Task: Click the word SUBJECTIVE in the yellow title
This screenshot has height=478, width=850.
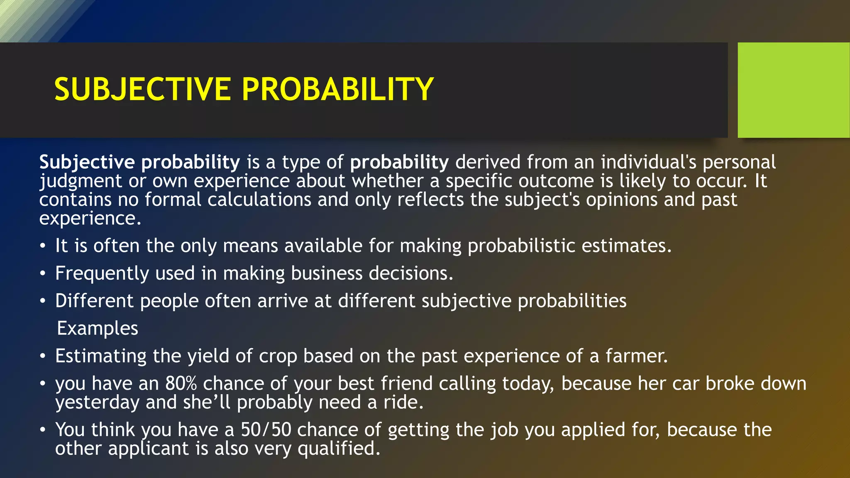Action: tap(142, 90)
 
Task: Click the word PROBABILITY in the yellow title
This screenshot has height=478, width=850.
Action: tap(337, 90)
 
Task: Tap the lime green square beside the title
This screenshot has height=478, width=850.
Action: tap(793, 90)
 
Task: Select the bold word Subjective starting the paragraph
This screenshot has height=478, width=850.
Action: tap(87, 162)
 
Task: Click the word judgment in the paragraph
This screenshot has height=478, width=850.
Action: tap(81, 181)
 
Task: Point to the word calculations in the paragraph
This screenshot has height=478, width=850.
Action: tap(259, 200)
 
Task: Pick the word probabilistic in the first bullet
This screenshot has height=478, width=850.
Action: tap(521, 246)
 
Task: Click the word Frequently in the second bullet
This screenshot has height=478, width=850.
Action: tap(102, 274)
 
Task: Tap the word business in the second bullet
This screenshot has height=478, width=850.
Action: tap(327, 273)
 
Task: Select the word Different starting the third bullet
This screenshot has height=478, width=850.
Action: tap(94, 301)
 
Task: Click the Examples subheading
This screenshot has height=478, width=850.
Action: tap(98, 328)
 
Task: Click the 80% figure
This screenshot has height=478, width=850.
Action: tap(181, 383)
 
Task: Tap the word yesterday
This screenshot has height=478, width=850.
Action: tap(97, 402)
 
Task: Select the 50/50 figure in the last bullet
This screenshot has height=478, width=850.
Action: tap(266, 430)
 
